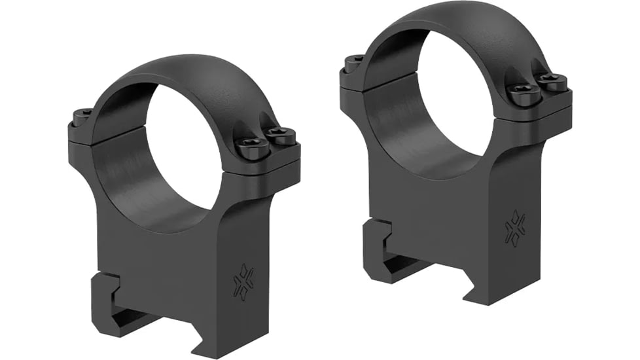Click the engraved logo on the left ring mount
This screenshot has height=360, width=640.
[x=244, y=281]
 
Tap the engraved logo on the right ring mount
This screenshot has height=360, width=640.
[x=514, y=228]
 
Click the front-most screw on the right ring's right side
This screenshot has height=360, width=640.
[x=525, y=94]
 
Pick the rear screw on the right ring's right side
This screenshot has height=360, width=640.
[x=553, y=82]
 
